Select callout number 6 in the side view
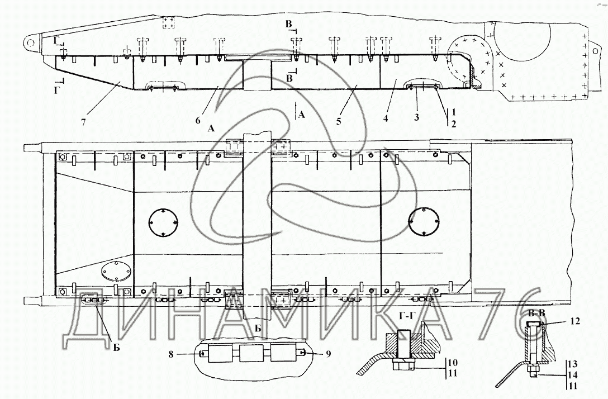tap(198, 121)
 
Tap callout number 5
tap(339, 121)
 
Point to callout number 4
tap(386, 118)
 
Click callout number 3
tap(416, 117)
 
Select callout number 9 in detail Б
tap(329, 354)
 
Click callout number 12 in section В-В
tap(575, 321)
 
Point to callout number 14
tap(573, 376)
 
